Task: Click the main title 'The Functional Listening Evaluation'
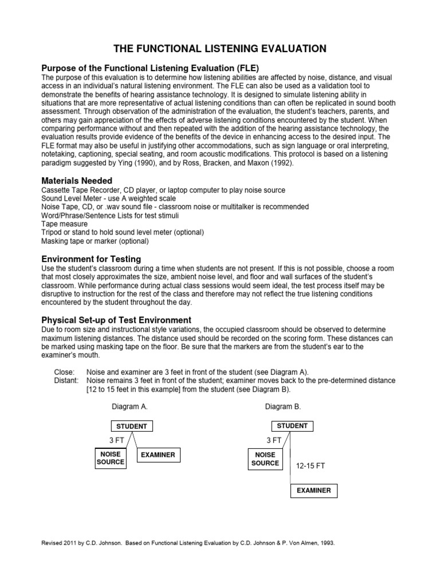pos(220,49)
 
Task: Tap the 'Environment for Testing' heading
pos(92,259)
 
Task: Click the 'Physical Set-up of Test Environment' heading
pos(117,319)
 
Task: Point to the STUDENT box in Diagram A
pos(132,426)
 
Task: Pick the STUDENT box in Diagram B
pos(292,426)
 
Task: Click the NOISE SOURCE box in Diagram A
pos(111,458)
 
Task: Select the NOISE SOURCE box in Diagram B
pos(265,459)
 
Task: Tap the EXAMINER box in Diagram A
pos(158,455)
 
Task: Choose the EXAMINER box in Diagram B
pos(313,491)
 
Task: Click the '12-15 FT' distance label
pos(311,466)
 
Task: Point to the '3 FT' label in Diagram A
pos(116,440)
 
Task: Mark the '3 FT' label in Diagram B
pos(274,440)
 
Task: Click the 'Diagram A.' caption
pos(129,406)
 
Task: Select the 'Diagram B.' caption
pos(283,406)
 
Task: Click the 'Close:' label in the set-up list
pos(64,371)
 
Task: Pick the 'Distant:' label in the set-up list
pos(66,380)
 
